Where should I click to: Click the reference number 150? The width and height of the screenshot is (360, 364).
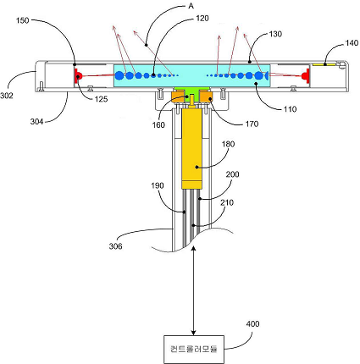pos(22,20)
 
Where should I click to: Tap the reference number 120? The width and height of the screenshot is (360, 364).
pos(202,19)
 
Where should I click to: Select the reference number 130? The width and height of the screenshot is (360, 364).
pos(275,34)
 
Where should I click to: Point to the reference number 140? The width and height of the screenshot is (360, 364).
pos(352,43)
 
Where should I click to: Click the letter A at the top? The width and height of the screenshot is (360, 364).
pos(191,6)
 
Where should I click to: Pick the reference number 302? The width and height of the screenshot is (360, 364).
pos(7,96)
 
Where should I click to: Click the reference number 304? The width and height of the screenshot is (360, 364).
pos(36,122)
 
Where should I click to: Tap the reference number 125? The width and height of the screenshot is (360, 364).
pos(101,99)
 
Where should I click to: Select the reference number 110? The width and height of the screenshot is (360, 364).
pos(290,109)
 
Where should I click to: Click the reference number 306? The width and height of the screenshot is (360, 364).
pos(115,246)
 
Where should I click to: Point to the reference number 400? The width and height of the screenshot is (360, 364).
pos(252,323)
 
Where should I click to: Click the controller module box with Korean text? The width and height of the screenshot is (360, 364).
pos(194,350)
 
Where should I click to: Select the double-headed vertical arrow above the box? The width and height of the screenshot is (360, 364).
pos(193,290)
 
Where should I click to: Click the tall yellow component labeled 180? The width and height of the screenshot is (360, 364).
pos(191,149)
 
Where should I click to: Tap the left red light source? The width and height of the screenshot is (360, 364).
pos(78,75)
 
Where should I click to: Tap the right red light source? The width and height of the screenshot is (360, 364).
pos(306,75)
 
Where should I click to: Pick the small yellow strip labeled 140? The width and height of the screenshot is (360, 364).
pos(324,64)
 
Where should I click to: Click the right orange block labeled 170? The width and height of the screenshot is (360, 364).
pos(207,97)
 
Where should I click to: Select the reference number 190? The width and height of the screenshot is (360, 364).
pos(158,185)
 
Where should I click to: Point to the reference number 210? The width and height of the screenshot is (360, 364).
pos(227,202)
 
